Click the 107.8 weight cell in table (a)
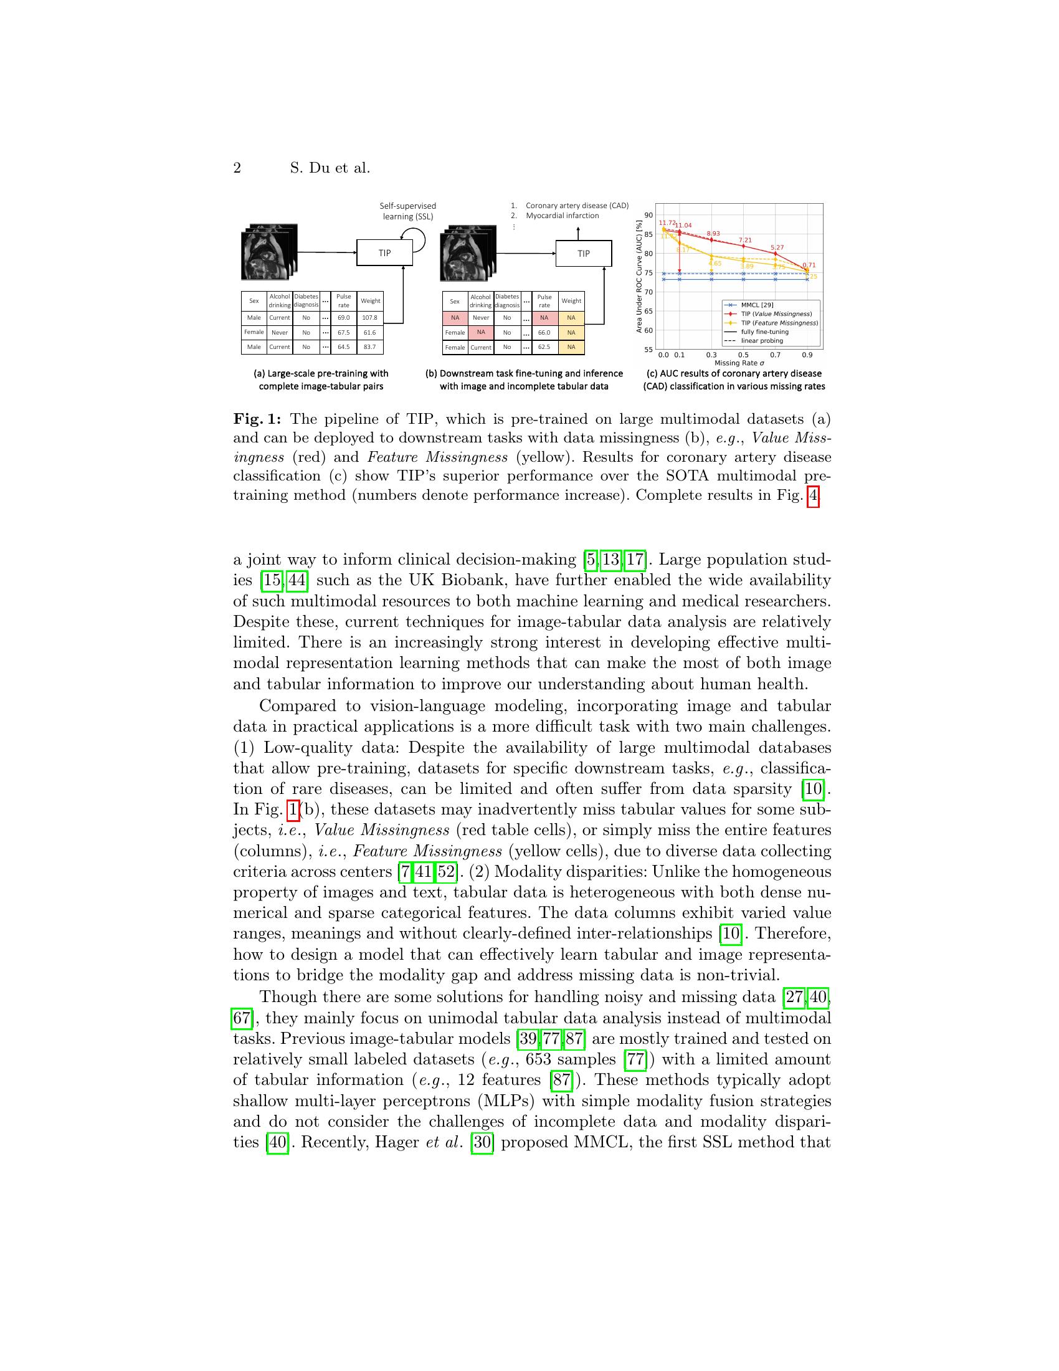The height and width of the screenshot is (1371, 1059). (x=369, y=318)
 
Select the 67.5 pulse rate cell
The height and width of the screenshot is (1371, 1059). (x=343, y=333)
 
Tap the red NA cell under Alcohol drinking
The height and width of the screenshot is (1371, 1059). (x=481, y=332)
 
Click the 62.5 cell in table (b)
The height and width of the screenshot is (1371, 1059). (x=544, y=347)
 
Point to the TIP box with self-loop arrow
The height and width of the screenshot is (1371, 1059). (x=384, y=253)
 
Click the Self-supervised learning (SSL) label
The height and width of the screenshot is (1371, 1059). (x=408, y=211)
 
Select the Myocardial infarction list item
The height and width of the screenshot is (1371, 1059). (x=562, y=216)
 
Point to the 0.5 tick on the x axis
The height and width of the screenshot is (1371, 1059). (x=743, y=355)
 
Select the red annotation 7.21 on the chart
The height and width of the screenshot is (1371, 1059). (x=744, y=240)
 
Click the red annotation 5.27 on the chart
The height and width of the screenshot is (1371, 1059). (x=777, y=247)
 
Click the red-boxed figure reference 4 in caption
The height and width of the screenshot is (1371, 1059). (x=813, y=496)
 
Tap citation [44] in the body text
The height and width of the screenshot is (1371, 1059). (x=297, y=580)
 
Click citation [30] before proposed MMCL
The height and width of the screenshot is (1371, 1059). (x=482, y=1142)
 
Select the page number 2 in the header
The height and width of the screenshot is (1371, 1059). (x=237, y=168)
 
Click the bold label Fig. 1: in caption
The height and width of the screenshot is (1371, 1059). (x=257, y=419)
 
